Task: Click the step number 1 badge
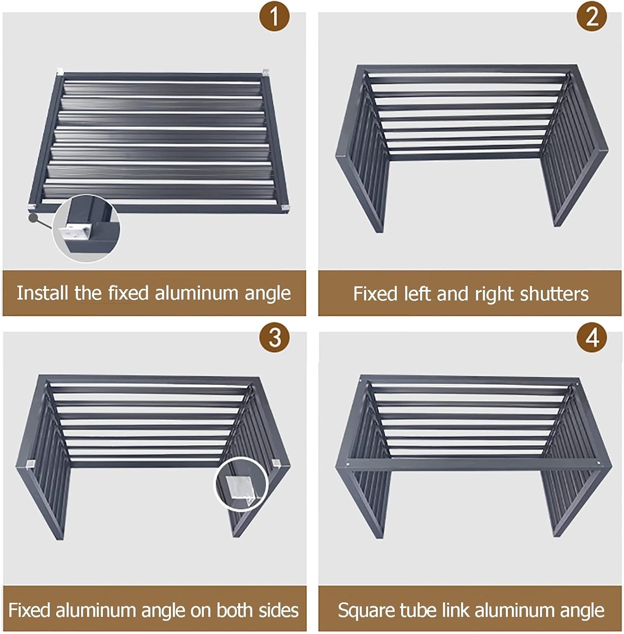coord(274,16)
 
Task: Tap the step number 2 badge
coord(592,16)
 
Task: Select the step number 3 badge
coord(274,337)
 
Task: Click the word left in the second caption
coord(418,293)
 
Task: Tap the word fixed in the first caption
coord(129,293)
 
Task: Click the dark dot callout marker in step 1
coord(33,217)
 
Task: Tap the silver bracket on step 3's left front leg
coord(30,464)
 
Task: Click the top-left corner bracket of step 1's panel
coord(60,71)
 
